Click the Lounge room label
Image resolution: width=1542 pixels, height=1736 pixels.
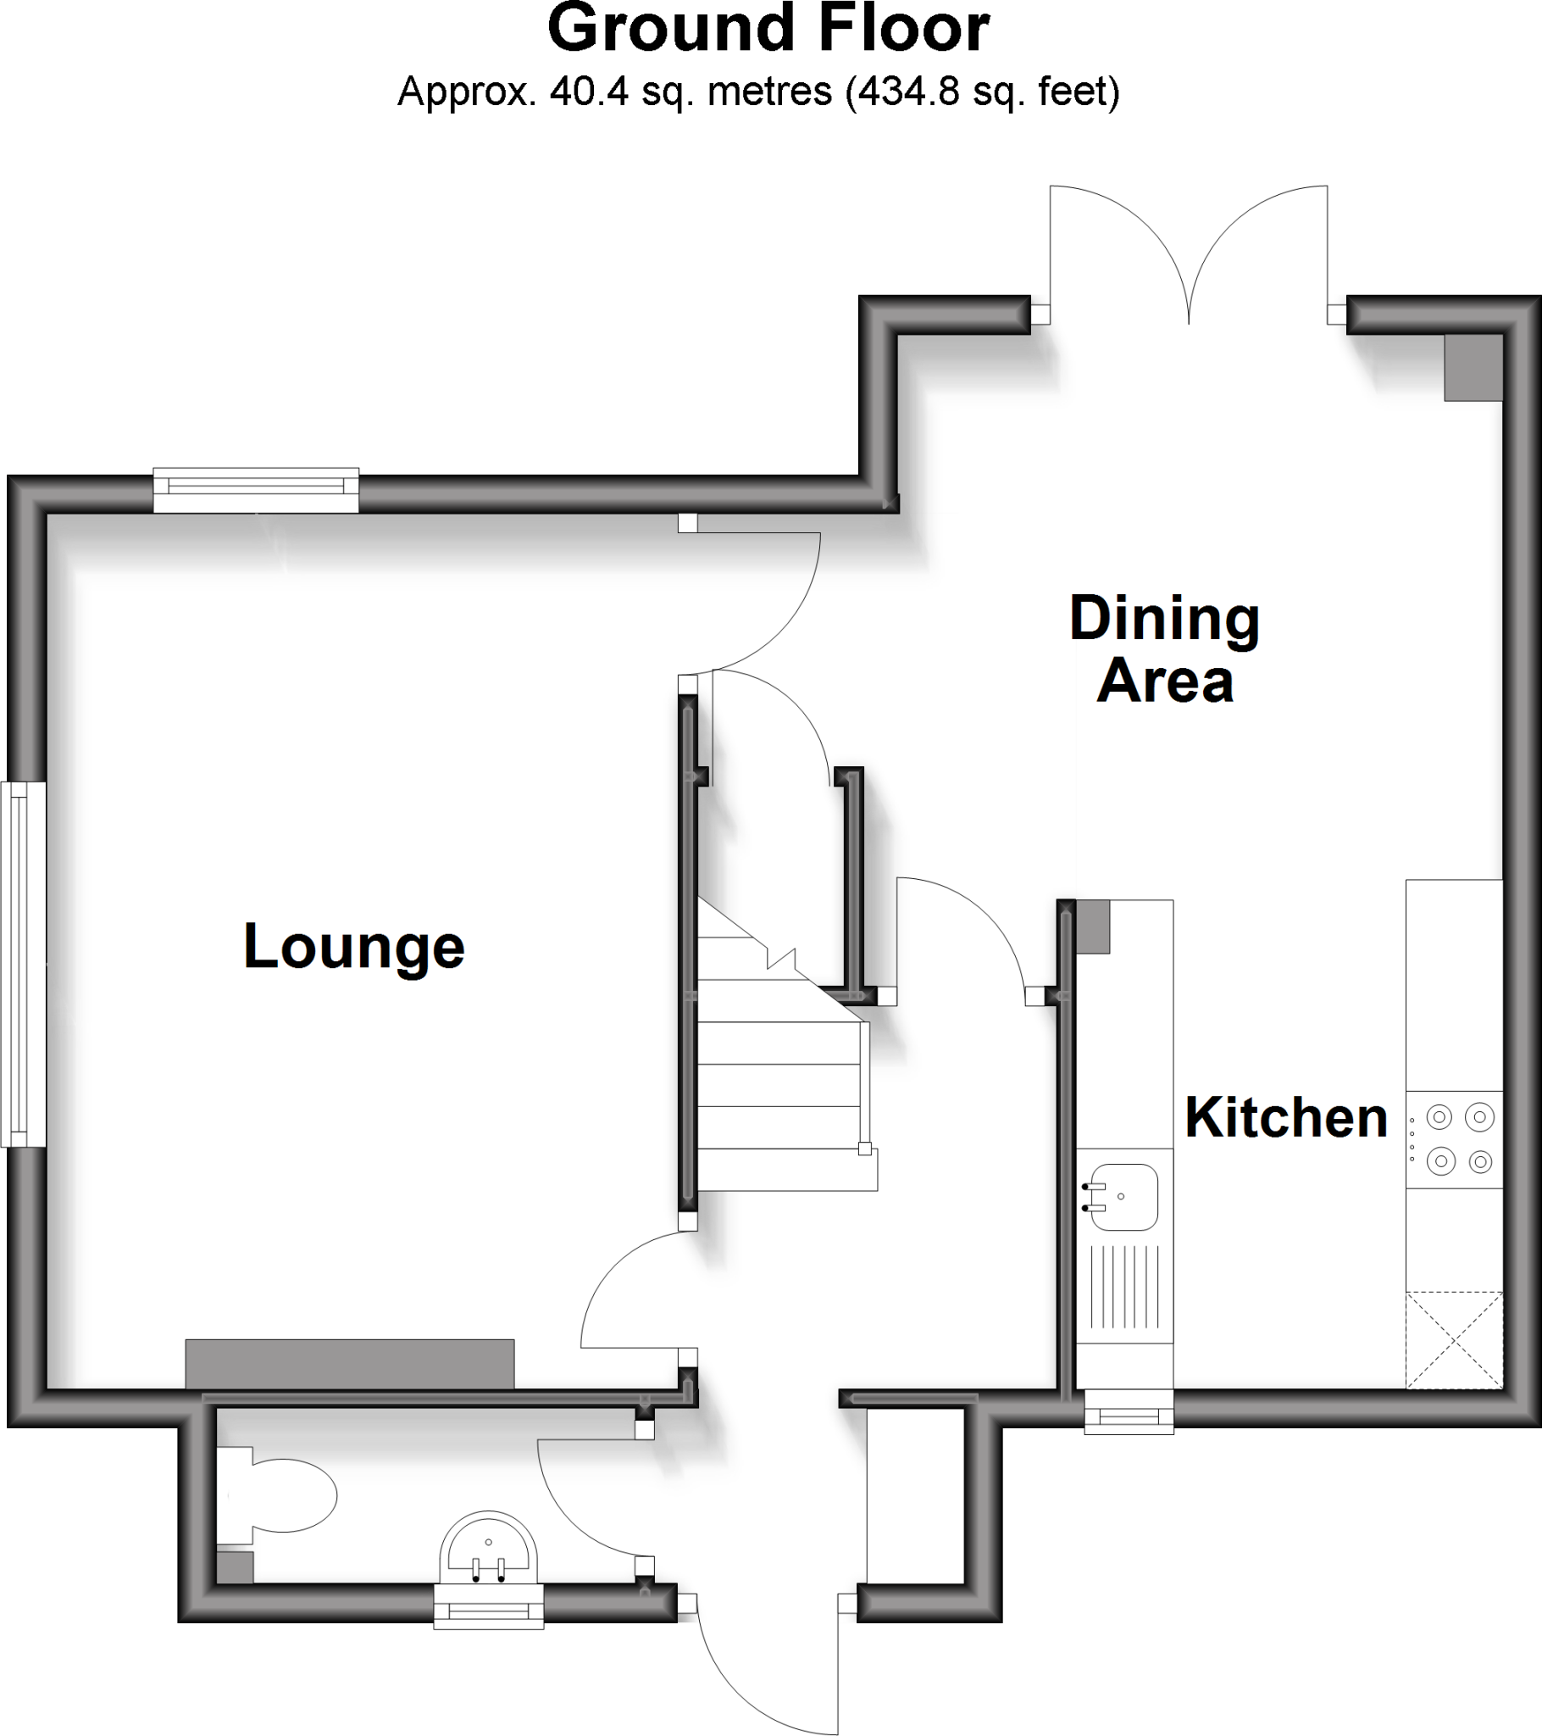[354, 947]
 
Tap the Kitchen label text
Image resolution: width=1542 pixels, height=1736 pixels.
[1285, 1119]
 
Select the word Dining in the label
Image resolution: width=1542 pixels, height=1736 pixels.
[1164, 620]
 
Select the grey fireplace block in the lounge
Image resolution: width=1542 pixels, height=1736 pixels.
[350, 1363]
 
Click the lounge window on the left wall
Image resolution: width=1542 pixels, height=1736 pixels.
[23, 964]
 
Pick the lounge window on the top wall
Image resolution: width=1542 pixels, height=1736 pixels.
[256, 490]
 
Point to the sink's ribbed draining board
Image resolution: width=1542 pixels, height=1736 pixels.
[1124, 1287]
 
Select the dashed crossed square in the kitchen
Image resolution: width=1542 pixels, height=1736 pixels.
[1454, 1340]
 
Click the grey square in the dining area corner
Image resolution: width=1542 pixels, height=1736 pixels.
[1473, 366]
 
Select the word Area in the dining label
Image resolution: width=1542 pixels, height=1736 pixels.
[1164, 682]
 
